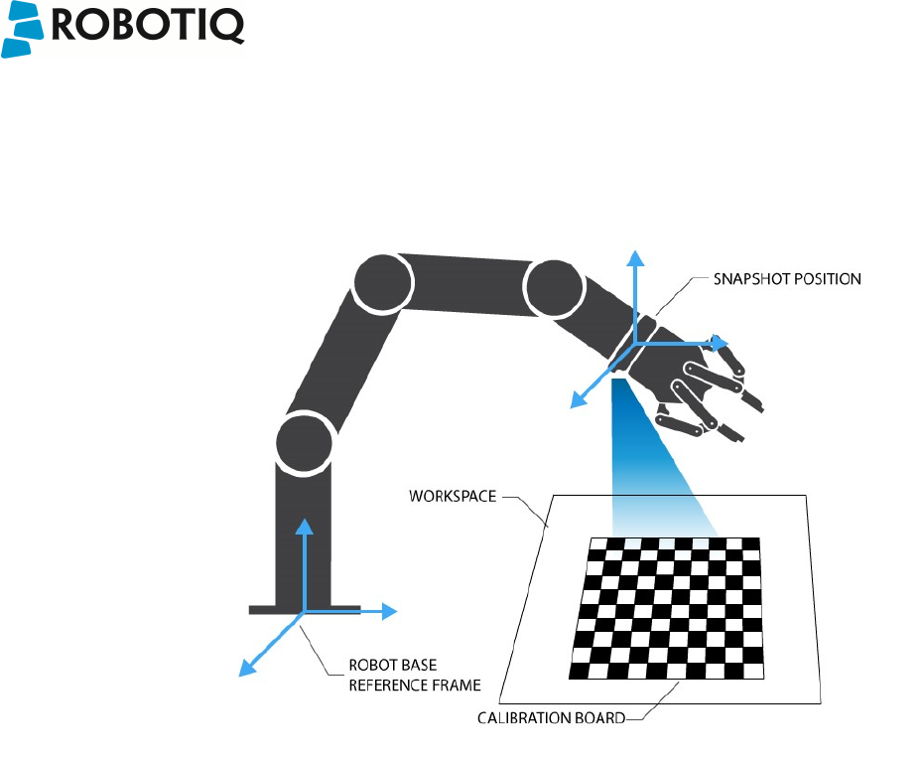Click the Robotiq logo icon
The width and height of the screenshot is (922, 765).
(22, 31)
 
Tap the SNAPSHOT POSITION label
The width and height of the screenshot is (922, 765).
(787, 279)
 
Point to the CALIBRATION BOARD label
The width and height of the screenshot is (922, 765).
(551, 717)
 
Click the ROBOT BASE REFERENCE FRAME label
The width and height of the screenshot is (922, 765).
(414, 676)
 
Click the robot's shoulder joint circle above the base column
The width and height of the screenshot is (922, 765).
(302, 442)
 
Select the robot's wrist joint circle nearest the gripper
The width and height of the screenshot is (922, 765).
(552, 287)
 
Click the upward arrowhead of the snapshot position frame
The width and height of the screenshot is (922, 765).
(636, 259)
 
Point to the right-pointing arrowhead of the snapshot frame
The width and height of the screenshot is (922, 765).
(721, 343)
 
